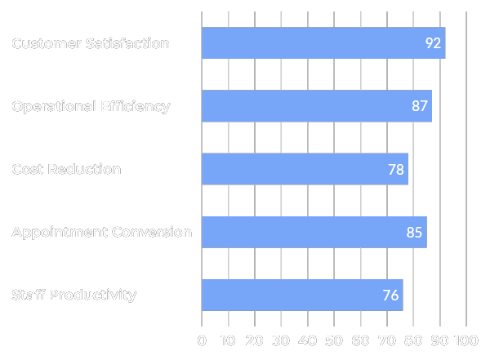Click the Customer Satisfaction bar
(323, 43)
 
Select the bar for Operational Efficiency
(316, 106)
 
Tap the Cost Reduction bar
(305, 169)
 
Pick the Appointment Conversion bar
(314, 232)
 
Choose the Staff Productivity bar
(301, 295)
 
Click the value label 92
(433, 43)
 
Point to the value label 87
(420, 106)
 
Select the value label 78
(396, 169)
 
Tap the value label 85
(414, 232)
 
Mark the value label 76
(390, 295)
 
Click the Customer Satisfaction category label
(91, 43)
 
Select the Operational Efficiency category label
(91, 106)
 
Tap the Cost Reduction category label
(66, 169)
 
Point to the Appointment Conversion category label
(101, 232)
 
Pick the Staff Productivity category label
(73, 295)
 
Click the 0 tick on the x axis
(202, 340)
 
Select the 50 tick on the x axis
(334, 340)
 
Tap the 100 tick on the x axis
(466, 340)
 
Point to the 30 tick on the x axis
(281, 340)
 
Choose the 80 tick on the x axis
(413, 340)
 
